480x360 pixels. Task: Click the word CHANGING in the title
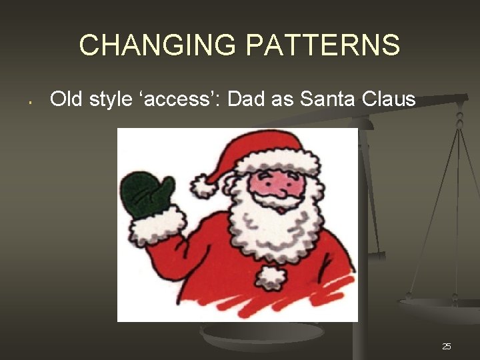[158, 45]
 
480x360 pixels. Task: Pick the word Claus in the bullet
[389, 100]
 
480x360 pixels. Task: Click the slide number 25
[447, 346]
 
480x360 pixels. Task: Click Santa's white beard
[280, 230]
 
